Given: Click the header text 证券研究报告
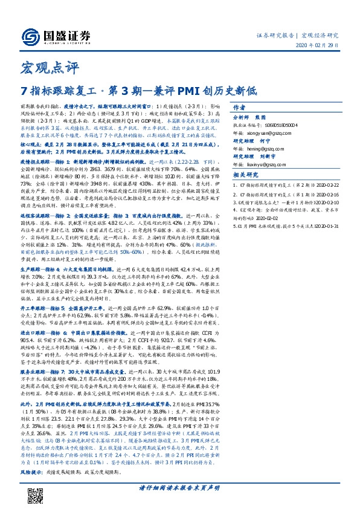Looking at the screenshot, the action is click(x=274, y=34).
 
